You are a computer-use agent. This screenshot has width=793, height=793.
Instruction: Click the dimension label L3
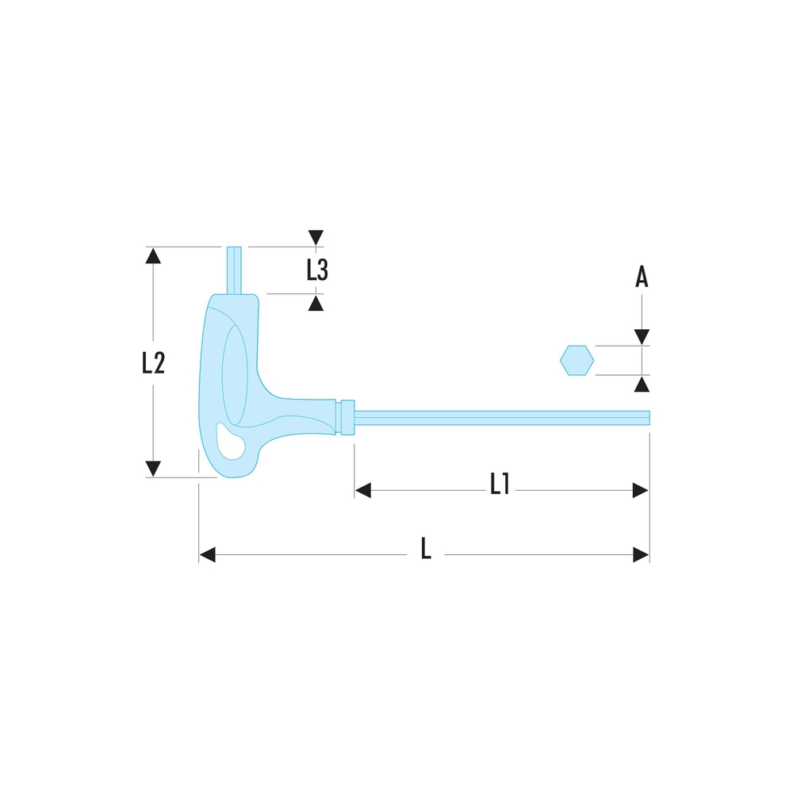[x=317, y=270]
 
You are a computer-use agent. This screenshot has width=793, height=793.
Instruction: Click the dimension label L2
[x=153, y=362]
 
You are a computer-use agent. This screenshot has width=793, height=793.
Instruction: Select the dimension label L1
[x=499, y=484]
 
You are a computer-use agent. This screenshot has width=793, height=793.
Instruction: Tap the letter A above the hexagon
[x=642, y=277]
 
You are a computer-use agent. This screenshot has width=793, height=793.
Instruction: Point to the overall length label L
[x=426, y=549]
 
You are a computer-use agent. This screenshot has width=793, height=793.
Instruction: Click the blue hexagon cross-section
[x=577, y=361]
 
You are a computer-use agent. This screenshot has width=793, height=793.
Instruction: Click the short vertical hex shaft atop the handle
[x=234, y=270]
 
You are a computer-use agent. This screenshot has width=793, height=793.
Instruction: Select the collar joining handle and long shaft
[x=346, y=418]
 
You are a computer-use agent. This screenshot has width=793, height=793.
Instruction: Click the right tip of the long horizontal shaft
[x=646, y=418]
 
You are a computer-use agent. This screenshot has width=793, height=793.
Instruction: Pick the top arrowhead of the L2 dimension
[x=153, y=255]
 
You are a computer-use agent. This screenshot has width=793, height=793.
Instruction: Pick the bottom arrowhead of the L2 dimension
[x=153, y=469]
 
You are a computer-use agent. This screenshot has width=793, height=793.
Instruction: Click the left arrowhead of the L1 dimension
[x=363, y=491]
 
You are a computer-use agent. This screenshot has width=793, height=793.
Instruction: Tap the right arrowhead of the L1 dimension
[x=641, y=491]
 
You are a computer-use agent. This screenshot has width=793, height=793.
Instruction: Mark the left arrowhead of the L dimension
[x=208, y=554]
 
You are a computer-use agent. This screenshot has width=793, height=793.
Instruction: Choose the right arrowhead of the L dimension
[x=641, y=554]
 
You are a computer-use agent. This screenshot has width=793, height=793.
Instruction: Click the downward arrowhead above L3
[x=316, y=237]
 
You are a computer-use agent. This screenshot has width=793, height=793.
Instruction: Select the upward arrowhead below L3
[x=316, y=303]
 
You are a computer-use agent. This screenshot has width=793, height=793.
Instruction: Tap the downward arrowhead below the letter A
[x=642, y=337]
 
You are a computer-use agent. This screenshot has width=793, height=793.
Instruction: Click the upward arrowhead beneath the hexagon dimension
[x=642, y=385]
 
